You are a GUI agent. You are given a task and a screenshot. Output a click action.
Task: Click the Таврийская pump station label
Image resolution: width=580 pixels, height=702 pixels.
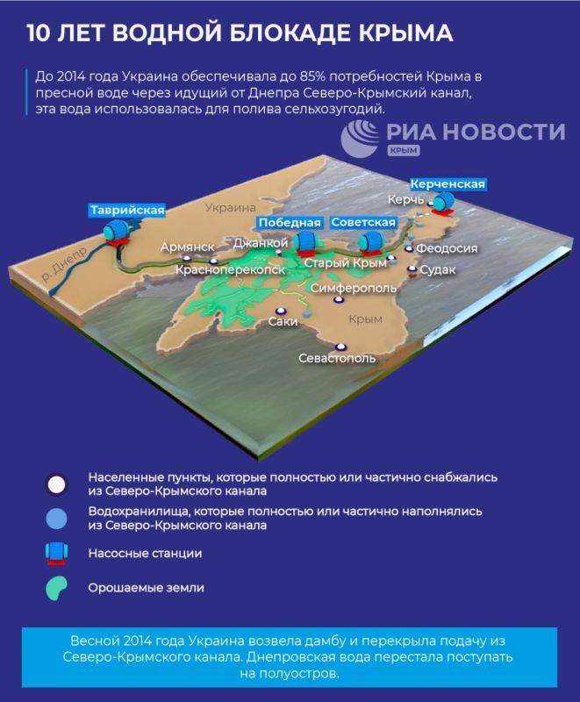pos(126,210)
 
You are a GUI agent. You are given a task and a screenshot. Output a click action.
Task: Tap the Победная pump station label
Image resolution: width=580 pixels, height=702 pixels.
pos(289,222)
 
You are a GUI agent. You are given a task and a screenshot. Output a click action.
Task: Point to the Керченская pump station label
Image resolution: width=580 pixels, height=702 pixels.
pos(448,183)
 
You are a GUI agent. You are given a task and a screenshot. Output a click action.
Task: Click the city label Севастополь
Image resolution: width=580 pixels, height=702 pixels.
pos(337,358)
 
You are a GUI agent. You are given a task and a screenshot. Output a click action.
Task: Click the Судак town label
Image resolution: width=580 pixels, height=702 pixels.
pos(438,269)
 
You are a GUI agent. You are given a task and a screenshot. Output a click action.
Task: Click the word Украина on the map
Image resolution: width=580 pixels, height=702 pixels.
pos(226,209)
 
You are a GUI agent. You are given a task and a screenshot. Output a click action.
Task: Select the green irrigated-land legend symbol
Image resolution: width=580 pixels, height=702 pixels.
pos(57,589)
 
